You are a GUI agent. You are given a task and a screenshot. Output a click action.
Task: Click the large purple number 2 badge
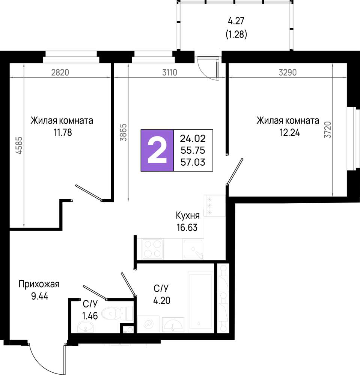[157, 150]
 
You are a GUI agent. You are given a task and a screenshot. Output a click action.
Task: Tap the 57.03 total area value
[193, 162]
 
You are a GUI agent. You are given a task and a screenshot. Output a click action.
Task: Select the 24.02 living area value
[193, 138]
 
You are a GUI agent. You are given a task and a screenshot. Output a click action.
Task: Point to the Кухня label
[188, 216]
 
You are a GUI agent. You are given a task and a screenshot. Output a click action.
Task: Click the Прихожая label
[39, 284]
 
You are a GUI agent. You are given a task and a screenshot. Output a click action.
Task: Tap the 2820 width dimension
[60, 72]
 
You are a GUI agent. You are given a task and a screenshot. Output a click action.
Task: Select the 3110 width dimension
[170, 72]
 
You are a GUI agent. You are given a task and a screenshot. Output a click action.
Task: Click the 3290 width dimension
[288, 72]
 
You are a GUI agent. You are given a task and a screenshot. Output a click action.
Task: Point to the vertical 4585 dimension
[19, 145]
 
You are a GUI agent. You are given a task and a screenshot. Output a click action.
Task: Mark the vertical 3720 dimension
[327, 129]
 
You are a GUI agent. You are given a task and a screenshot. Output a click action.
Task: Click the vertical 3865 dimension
[123, 132]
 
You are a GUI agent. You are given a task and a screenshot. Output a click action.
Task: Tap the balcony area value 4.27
[236, 21]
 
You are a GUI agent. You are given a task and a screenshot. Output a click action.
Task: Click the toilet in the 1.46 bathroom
[117, 313]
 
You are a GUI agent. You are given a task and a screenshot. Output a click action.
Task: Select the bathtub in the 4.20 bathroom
[201, 301]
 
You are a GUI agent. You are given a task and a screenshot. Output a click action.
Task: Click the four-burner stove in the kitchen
[152, 249]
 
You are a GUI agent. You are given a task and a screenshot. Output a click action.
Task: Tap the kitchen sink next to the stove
[193, 249]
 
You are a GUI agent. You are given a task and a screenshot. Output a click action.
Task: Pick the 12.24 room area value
[290, 132]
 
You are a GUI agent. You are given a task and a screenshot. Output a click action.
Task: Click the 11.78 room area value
[63, 132]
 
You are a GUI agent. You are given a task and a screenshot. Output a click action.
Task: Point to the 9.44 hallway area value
[40, 296]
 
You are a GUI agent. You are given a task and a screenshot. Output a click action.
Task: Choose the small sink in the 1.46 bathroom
[86, 327]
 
